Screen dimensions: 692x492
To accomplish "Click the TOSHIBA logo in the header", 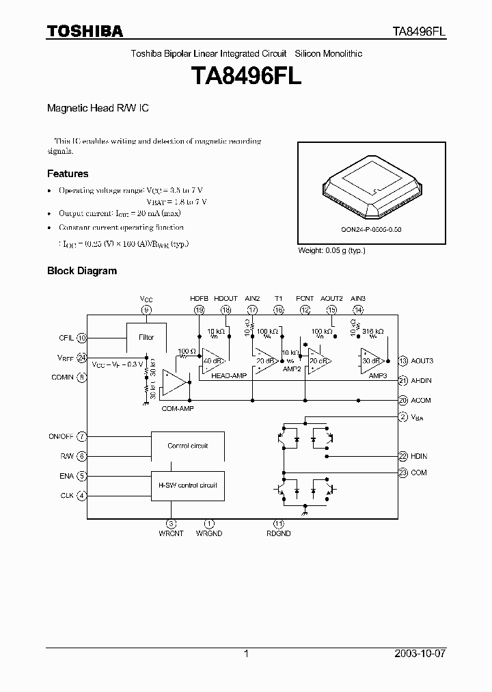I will (x=85, y=31).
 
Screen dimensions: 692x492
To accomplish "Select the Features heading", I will (x=67, y=174).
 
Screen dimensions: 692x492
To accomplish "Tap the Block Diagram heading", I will (x=81, y=271).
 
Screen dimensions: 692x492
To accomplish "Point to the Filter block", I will (x=146, y=337).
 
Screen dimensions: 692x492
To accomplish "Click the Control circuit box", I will (x=187, y=446).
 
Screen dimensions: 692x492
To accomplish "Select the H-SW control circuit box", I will (x=187, y=485).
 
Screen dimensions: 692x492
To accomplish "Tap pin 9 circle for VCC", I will (x=146, y=310).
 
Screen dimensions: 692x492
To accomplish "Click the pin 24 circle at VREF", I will (x=82, y=358).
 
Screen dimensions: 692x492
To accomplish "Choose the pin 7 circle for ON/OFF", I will (x=82, y=436).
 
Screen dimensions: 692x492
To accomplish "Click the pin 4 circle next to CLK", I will (x=82, y=495).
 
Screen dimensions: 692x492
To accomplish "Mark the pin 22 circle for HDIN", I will (x=403, y=455).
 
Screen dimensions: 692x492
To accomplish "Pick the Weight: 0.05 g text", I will (x=331, y=250).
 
